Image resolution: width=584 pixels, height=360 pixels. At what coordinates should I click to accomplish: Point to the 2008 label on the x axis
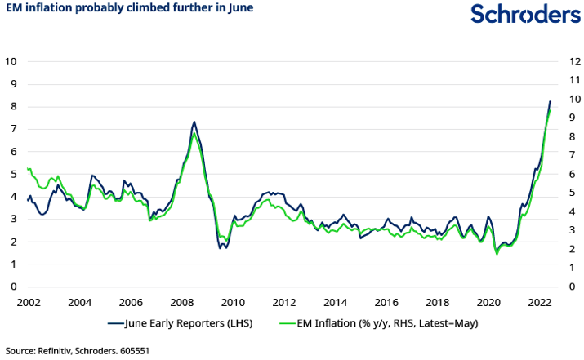[x=181, y=301]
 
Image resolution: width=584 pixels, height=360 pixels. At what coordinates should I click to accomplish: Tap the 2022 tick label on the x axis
[x=540, y=301]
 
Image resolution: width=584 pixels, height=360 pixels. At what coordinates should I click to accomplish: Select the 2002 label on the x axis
[x=29, y=301]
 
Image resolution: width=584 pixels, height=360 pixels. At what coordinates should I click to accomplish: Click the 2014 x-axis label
[x=336, y=301]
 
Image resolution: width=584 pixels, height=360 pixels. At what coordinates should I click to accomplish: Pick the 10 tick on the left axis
[x=11, y=60]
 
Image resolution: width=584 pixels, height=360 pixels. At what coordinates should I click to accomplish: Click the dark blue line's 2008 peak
[x=194, y=122]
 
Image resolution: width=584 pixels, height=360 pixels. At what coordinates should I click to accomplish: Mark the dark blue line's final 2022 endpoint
[x=550, y=102]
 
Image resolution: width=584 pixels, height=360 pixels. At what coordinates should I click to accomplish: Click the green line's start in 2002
[x=29, y=169]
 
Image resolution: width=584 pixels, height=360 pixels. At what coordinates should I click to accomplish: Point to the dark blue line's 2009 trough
[x=221, y=247]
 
